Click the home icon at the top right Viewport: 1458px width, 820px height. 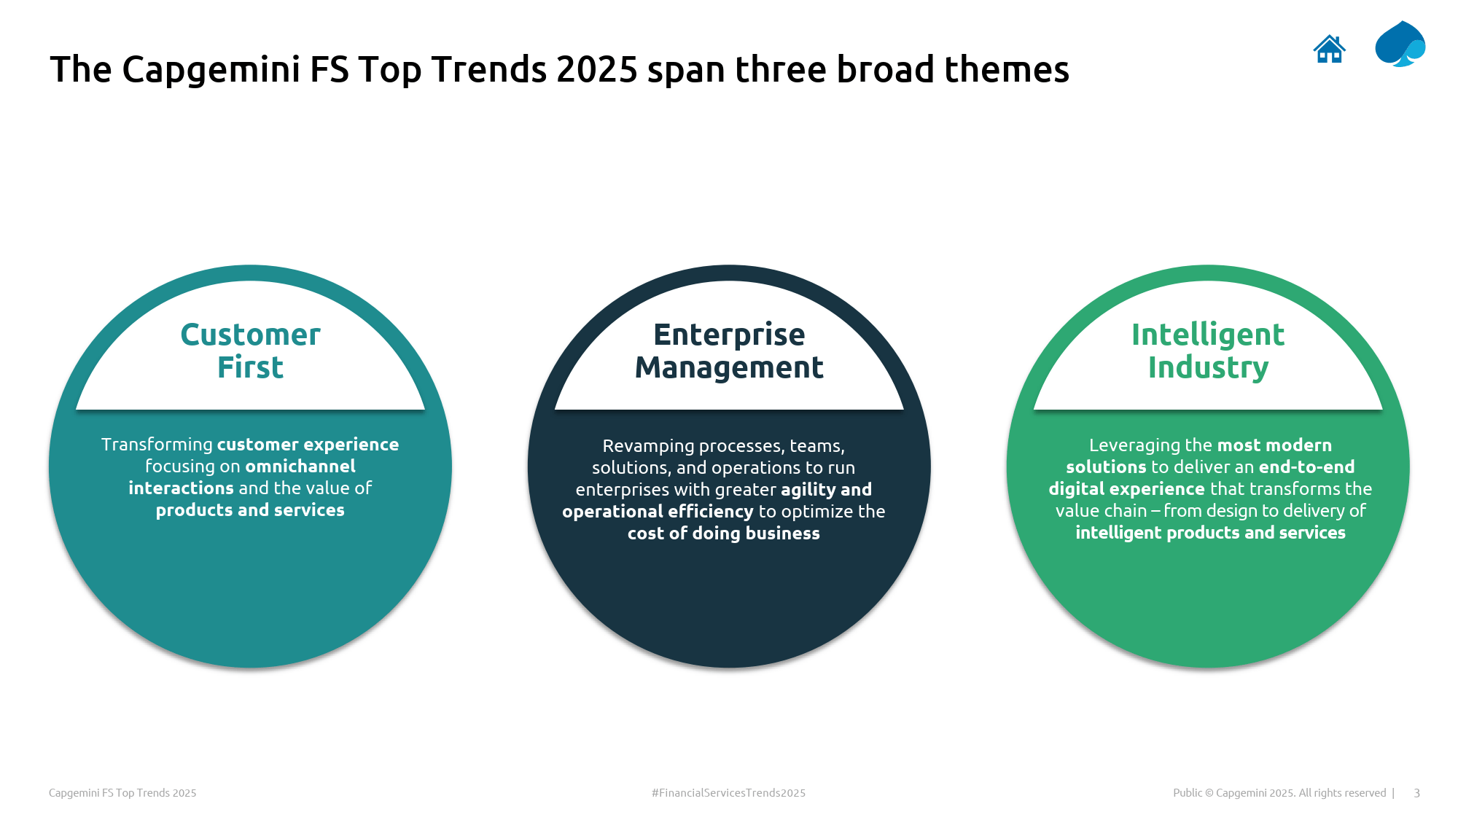1329,49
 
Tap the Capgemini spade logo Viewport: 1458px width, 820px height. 1400,44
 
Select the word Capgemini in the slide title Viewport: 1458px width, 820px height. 211,71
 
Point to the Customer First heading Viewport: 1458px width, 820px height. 250,351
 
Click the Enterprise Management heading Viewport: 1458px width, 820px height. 729,351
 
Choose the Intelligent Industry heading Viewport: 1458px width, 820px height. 1208,351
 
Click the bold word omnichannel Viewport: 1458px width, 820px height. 300,466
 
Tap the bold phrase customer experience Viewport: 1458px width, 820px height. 308,445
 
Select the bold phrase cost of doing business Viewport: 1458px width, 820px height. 724,534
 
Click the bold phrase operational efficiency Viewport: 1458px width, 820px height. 658,512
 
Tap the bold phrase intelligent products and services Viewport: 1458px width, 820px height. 1210,533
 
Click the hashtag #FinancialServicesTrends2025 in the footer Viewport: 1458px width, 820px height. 728,793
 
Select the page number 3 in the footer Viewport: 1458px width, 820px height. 1416,793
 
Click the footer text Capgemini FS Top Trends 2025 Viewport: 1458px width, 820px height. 122,793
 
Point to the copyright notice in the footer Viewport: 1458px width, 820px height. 1279,793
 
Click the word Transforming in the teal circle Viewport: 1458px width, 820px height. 157,445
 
